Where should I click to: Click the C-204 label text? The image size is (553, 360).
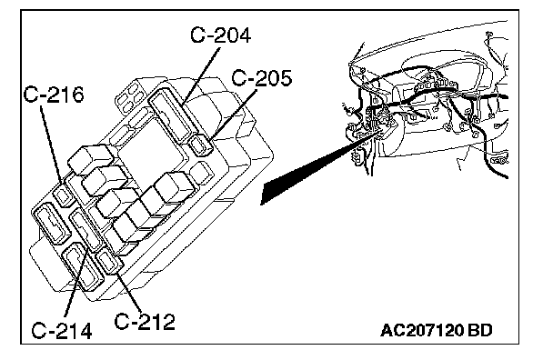coord(220,35)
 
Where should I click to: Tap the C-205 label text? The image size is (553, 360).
coord(262,78)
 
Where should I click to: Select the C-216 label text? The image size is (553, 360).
coord(54,95)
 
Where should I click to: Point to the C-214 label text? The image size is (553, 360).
coord(62,330)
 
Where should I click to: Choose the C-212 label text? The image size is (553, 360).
coord(145,321)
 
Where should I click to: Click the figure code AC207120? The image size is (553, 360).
coord(422,331)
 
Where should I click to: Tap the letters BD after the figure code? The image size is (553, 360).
coord(480,331)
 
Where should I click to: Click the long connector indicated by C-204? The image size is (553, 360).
coord(172,114)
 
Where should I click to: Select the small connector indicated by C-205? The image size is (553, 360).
coord(201,145)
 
